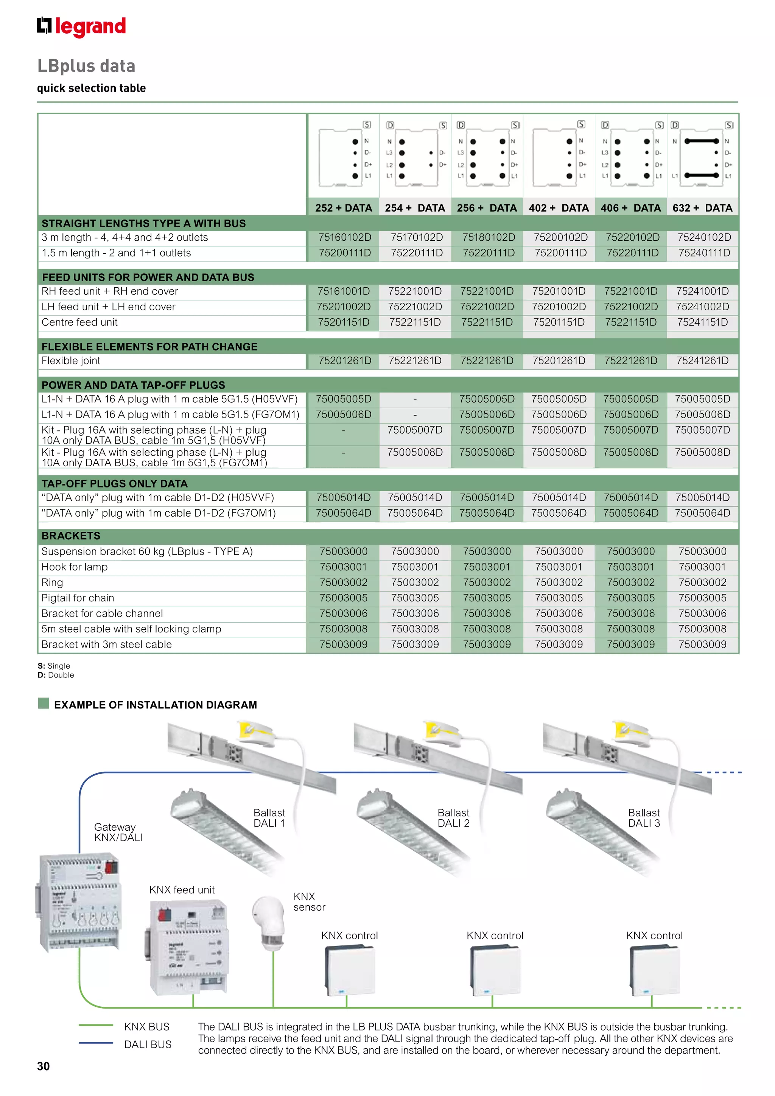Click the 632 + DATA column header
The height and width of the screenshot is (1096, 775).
(702, 208)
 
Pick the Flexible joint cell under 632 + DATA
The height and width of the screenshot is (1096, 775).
(702, 361)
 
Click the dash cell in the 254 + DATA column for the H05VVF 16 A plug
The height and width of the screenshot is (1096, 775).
(415, 399)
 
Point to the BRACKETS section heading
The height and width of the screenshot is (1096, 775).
(71, 536)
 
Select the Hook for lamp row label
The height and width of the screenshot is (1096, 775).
(75, 567)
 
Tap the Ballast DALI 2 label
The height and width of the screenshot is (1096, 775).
(453, 818)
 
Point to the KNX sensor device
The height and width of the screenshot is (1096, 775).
(269, 922)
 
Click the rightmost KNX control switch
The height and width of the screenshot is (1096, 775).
(654, 970)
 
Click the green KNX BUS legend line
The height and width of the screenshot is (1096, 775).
(96, 1025)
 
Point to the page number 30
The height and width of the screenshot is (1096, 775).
(44, 1066)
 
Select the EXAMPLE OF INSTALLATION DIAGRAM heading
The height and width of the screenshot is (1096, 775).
(155, 705)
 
